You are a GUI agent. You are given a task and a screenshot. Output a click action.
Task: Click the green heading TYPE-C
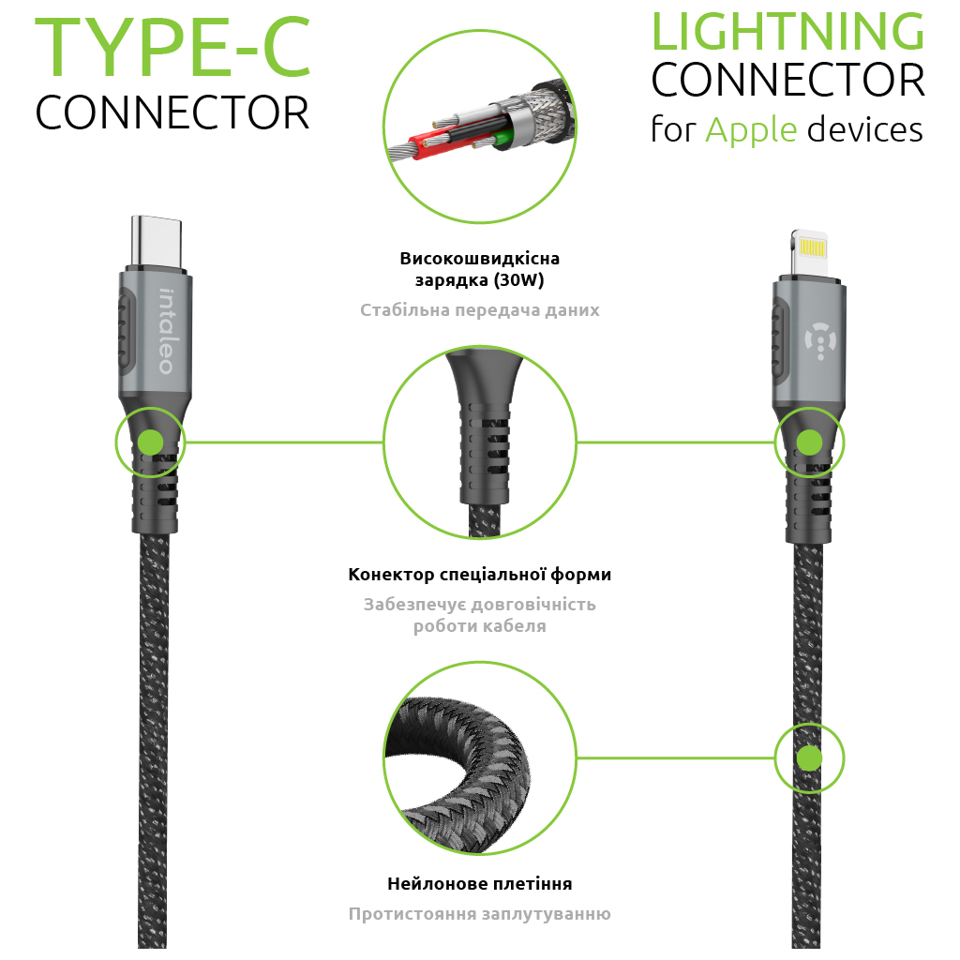(x=173, y=47)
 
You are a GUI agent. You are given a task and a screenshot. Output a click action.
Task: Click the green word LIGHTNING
(x=787, y=32)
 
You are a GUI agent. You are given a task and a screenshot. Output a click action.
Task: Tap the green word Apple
(x=750, y=129)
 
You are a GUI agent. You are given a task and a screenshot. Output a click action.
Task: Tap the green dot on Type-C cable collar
(x=150, y=442)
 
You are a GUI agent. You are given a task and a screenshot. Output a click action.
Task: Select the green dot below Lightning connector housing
(x=809, y=442)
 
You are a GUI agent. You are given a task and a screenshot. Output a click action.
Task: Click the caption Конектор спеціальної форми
(x=479, y=575)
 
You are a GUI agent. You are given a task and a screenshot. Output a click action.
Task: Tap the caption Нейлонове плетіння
(x=479, y=884)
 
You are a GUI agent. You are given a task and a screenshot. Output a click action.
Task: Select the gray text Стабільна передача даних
(x=479, y=310)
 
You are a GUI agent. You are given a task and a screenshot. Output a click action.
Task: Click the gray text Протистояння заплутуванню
(x=479, y=914)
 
